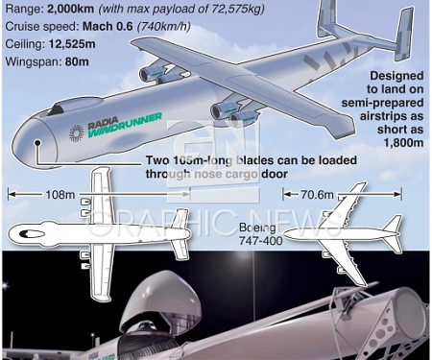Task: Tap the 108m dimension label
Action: (x=59, y=193)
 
